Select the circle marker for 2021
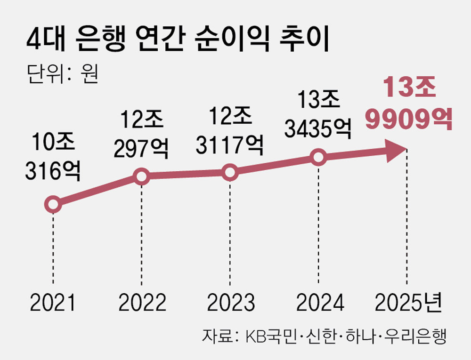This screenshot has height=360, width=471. click(53, 204)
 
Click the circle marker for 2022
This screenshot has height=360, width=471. click(141, 176)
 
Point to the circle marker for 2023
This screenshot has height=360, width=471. click(230, 172)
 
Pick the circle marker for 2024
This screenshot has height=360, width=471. click(318, 157)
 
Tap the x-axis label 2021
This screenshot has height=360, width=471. click(53, 304)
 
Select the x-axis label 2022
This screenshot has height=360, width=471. click(142, 304)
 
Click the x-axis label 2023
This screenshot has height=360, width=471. click(230, 304)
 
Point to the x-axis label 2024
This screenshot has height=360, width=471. click(319, 304)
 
